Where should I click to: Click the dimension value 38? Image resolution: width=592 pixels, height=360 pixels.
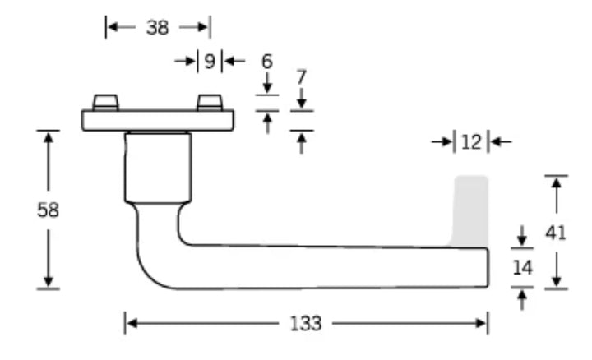point(157,28)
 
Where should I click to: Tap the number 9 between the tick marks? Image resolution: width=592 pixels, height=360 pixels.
point(210,61)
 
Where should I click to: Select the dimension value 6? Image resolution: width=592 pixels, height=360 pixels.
point(267,61)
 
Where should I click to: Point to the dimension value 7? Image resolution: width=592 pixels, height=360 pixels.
point(301,77)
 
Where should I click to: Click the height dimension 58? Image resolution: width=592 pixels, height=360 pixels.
point(49,210)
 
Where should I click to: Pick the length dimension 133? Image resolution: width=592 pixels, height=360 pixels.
point(306,324)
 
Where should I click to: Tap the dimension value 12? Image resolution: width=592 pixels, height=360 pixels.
point(472,142)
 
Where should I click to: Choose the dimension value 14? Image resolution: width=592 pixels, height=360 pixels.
point(523,268)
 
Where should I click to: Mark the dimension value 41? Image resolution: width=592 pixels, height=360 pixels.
point(556,233)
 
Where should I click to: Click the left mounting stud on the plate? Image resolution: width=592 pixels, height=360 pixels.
point(106,103)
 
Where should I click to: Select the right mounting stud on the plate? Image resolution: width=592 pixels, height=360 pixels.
point(210,103)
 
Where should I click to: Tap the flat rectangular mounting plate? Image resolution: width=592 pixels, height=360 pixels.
point(158,120)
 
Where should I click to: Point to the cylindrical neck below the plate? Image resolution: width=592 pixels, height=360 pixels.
point(158,168)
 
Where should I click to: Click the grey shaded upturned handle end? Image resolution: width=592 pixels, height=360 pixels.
point(469,211)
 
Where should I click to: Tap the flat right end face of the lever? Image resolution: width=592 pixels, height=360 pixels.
point(488,268)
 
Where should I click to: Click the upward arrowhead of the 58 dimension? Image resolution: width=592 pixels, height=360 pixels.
point(48,137)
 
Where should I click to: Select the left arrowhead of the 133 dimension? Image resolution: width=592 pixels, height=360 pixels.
point(131,323)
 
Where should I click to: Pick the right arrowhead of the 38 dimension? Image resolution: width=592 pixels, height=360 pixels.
point(203,27)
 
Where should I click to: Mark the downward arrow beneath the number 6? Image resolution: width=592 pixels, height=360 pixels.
point(267,82)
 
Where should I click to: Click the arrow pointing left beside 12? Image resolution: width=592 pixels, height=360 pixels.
point(501,142)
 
